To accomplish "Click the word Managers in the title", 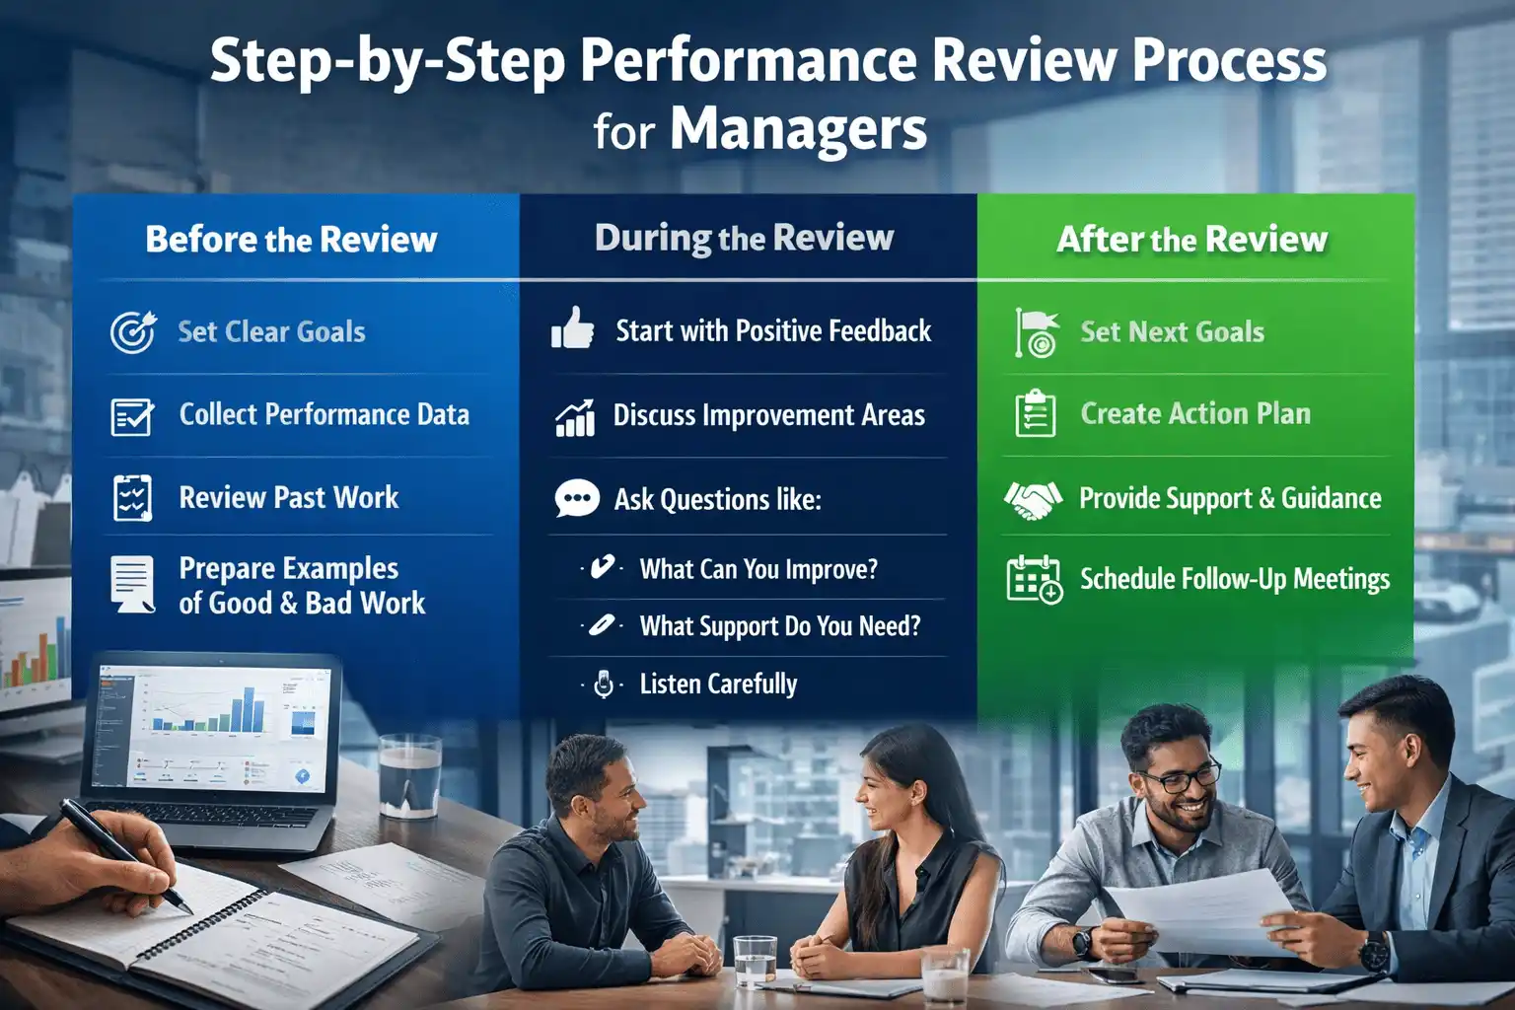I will pyautogui.click(x=798, y=129).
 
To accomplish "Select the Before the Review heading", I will pyautogui.click(x=291, y=240).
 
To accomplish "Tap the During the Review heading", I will pyautogui.click(x=744, y=238).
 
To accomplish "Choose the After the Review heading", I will pyautogui.click(x=1191, y=239).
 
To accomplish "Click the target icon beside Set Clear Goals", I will pyautogui.click(x=132, y=332).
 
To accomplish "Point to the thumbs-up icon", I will pyautogui.click(x=572, y=328).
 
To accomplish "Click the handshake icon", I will pyautogui.click(x=1033, y=499).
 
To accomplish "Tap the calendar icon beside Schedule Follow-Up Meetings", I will pyautogui.click(x=1034, y=579).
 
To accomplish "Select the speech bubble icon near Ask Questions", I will pyautogui.click(x=576, y=499).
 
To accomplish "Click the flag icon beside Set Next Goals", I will pyautogui.click(x=1036, y=331).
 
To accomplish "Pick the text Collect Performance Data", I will pyautogui.click(x=324, y=414).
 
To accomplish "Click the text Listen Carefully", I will pyautogui.click(x=718, y=685).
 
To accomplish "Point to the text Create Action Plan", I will pyautogui.click(x=1195, y=413).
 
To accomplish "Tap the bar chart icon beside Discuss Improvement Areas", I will pyautogui.click(x=575, y=418).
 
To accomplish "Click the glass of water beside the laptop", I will pyautogui.click(x=409, y=775).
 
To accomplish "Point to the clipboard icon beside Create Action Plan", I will pyautogui.click(x=1036, y=413).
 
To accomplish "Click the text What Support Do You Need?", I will pyautogui.click(x=779, y=626).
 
